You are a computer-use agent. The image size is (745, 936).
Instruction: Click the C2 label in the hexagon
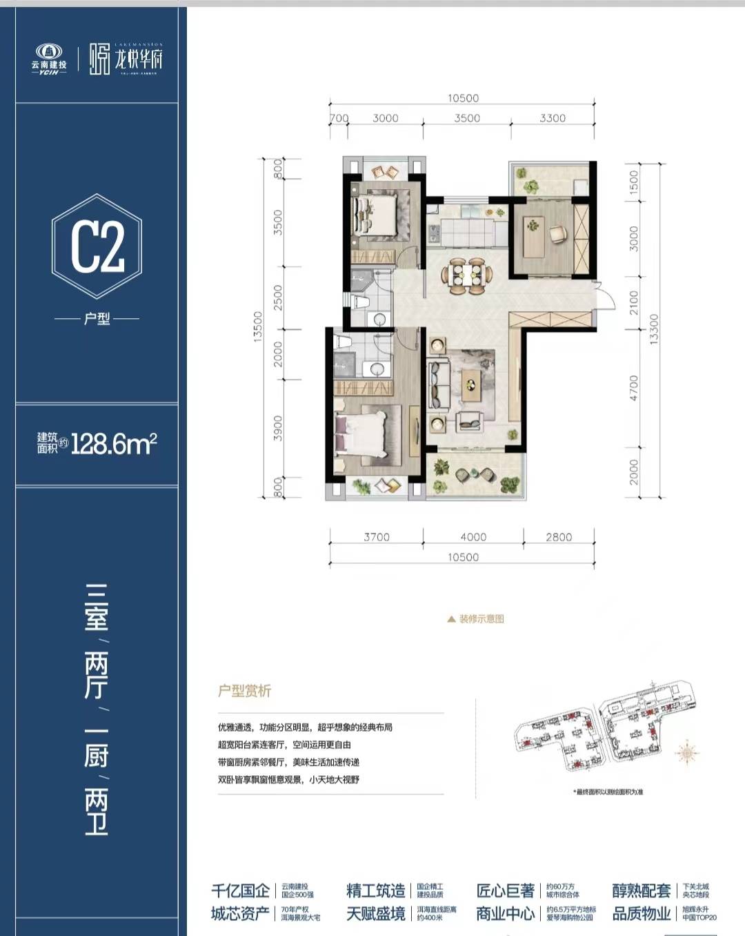click(97, 246)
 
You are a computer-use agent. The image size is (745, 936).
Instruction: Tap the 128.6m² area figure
click(114, 443)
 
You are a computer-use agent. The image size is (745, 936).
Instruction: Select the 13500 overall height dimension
click(258, 326)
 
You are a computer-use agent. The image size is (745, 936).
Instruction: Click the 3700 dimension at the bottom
click(377, 537)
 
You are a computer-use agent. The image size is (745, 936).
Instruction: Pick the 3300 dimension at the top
click(553, 118)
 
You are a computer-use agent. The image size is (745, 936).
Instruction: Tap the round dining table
click(467, 274)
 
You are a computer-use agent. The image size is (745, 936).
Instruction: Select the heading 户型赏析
click(245, 691)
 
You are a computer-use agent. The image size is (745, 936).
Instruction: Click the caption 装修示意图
click(481, 619)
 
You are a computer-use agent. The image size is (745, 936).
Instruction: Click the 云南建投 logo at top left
click(49, 59)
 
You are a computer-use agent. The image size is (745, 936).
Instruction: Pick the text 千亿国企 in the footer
click(240, 890)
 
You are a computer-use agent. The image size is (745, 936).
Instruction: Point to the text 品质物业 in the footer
click(642, 914)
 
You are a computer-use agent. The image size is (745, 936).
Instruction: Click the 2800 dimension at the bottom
click(559, 537)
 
